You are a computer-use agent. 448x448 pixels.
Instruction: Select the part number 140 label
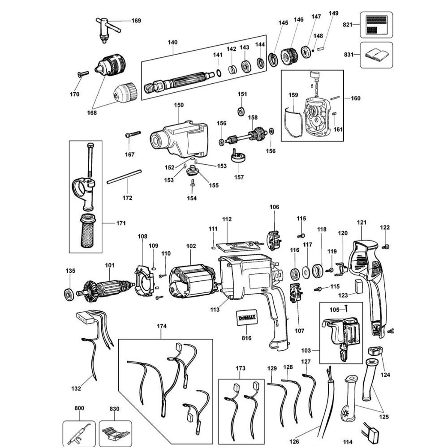(x=172, y=43)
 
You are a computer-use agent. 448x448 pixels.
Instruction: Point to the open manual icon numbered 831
(x=376, y=55)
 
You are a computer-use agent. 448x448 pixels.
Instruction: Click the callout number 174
(x=161, y=327)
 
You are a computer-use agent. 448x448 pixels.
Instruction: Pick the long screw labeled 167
(x=134, y=134)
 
